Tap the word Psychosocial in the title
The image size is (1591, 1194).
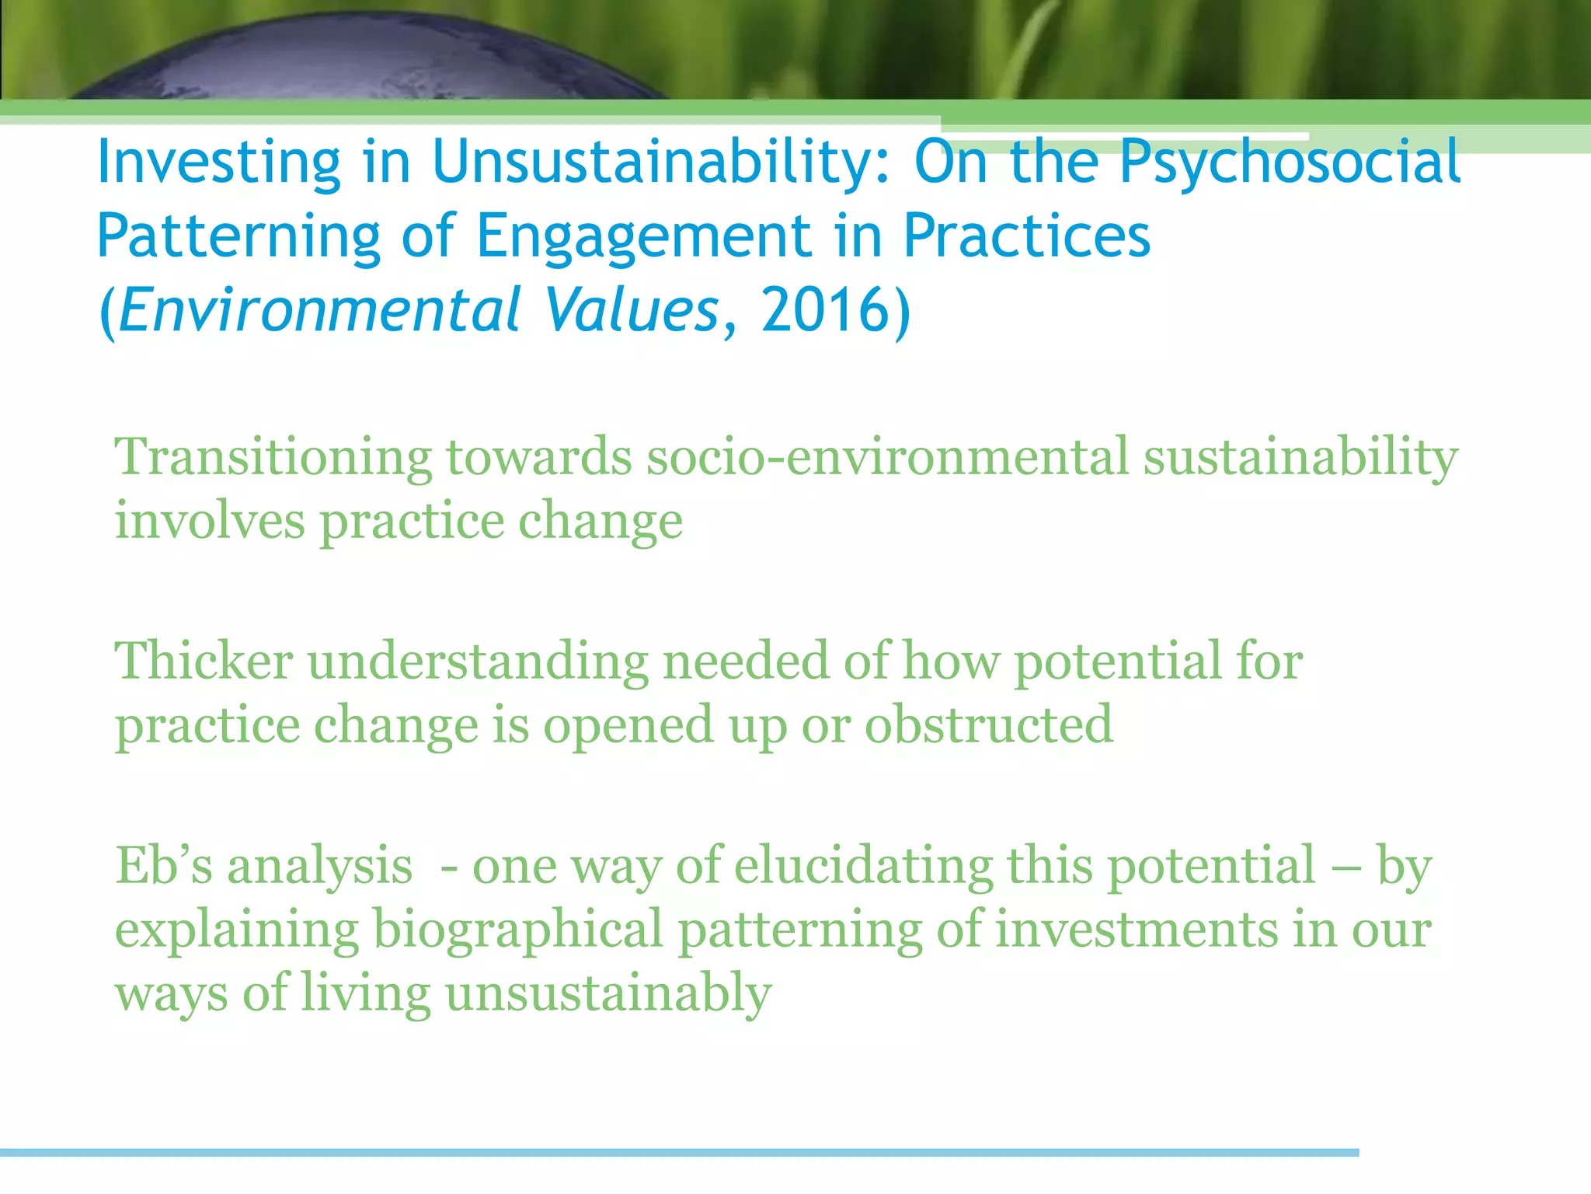1290,163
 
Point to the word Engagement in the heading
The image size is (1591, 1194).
643,238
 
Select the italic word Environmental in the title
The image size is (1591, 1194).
319,310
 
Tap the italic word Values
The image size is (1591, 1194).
631,310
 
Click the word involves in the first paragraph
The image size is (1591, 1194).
210,521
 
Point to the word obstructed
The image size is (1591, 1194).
988,724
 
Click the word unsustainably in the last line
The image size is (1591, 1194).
608,993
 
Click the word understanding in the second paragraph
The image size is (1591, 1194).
478,662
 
